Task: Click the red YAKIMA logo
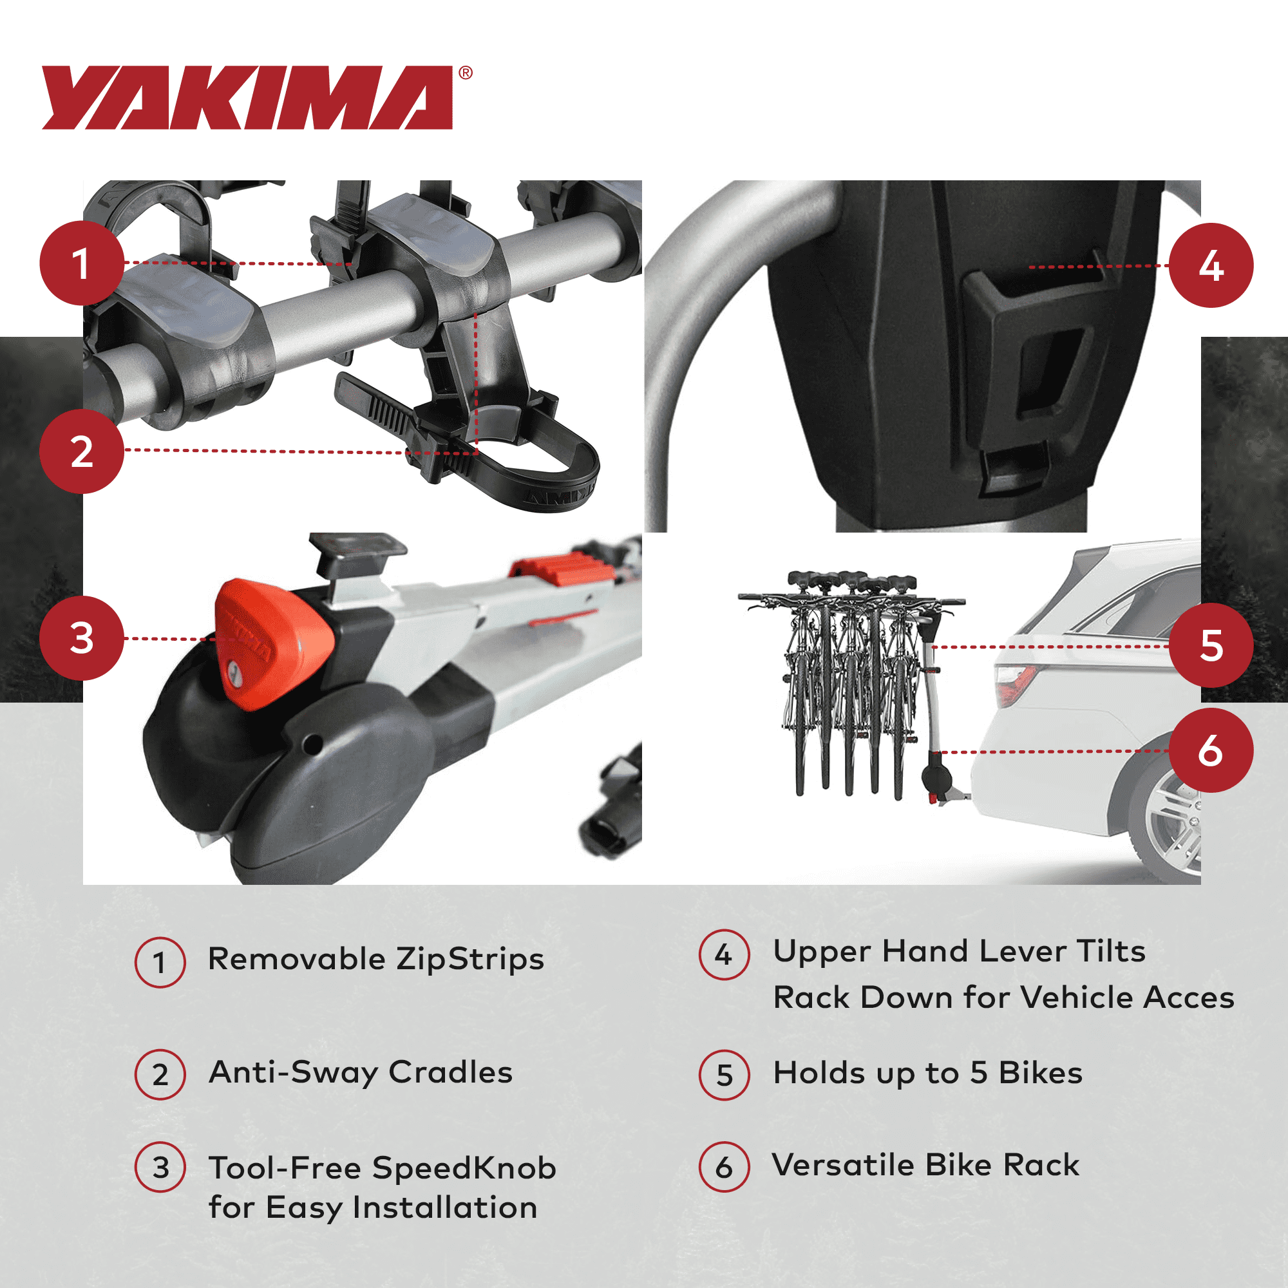247,97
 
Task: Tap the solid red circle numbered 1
81,263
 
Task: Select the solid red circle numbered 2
81,451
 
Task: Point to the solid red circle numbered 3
81,638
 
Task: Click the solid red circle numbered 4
1211,265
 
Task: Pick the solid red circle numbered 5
1211,645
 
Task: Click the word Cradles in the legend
451,1073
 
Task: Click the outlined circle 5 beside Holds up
724,1075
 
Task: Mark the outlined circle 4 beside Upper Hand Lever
724,954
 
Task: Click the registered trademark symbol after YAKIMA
466,73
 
